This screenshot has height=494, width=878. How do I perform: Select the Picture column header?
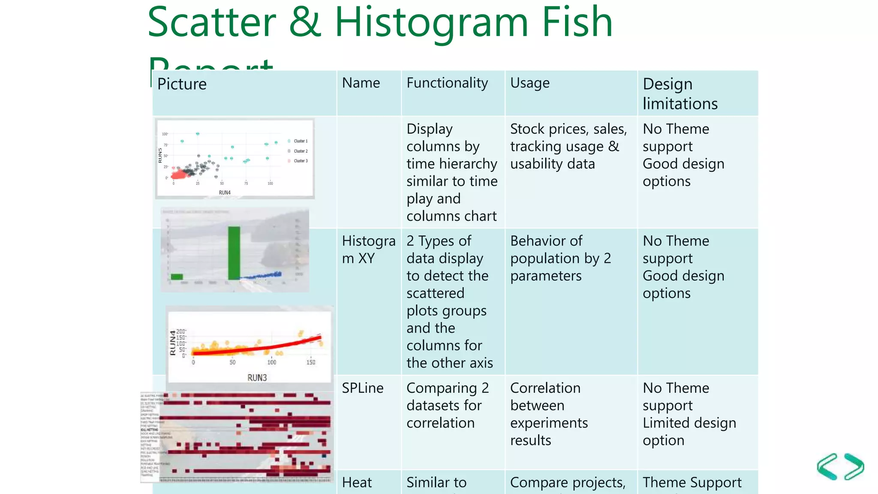point(182,84)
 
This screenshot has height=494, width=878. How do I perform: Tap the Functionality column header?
point(447,83)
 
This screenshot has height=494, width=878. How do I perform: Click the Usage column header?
point(529,83)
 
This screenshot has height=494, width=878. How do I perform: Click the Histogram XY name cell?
point(368,250)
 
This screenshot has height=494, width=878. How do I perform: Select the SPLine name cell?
point(363,388)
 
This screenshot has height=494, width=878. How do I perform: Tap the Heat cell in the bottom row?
point(357,482)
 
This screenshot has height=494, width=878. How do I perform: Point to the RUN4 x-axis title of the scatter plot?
point(225,193)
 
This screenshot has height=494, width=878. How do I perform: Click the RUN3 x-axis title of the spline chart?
point(257,377)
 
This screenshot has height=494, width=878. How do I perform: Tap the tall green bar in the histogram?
point(234,253)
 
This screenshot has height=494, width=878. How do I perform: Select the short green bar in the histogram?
point(177,277)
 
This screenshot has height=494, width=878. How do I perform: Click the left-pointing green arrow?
point(827,467)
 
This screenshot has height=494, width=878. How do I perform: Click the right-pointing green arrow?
point(854,467)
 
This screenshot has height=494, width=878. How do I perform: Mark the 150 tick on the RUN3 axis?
point(311,362)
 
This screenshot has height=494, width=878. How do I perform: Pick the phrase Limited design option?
point(689,431)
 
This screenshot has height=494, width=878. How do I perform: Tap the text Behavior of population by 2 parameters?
point(560,258)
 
